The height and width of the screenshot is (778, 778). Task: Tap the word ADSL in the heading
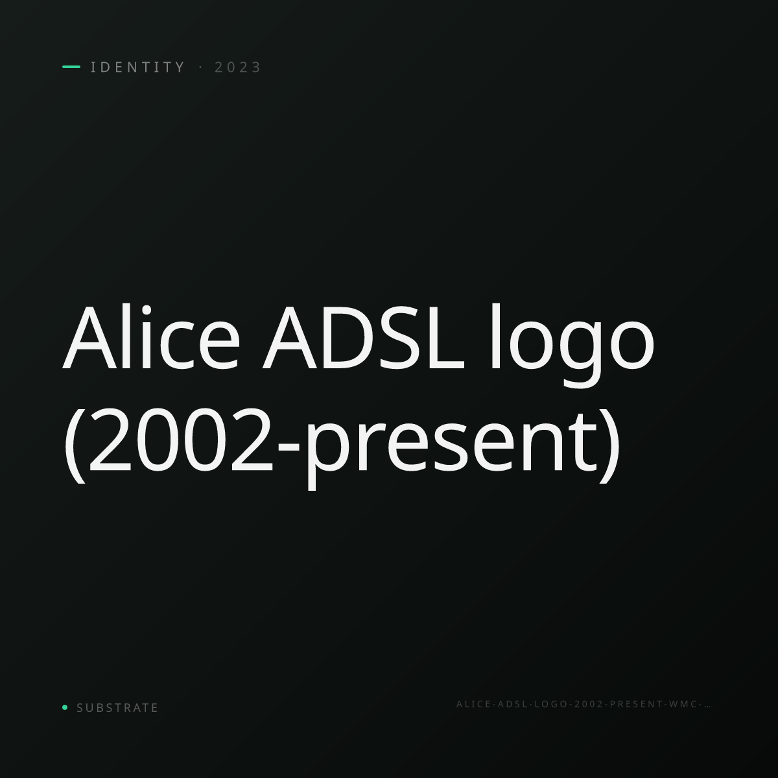click(x=363, y=338)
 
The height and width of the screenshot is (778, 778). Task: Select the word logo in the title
click(x=572, y=346)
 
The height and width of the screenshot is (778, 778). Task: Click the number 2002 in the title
click(x=180, y=440)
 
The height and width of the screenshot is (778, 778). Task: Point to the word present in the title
click(x=451, y=449)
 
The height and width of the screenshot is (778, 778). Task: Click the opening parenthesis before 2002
click(x=75, y=445)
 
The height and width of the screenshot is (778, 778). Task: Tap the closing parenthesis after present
click(x=609, y=445)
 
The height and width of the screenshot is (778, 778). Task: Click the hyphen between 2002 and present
click(x=289, y=447)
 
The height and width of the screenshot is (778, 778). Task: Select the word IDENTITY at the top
click(x=137, y=67)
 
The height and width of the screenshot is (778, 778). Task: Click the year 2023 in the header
click(x=238, y=67)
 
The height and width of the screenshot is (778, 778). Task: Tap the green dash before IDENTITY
click(x=71, y=67)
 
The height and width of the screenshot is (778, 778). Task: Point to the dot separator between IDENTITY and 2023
click(x=200, y=67)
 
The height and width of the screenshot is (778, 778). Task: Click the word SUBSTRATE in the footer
click(x=117, y=708)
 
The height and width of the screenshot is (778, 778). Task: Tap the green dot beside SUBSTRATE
click(x=65, y=707)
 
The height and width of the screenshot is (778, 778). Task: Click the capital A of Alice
click(x=90, y=338)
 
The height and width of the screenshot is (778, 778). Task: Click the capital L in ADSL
click(x=446, y=338)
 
